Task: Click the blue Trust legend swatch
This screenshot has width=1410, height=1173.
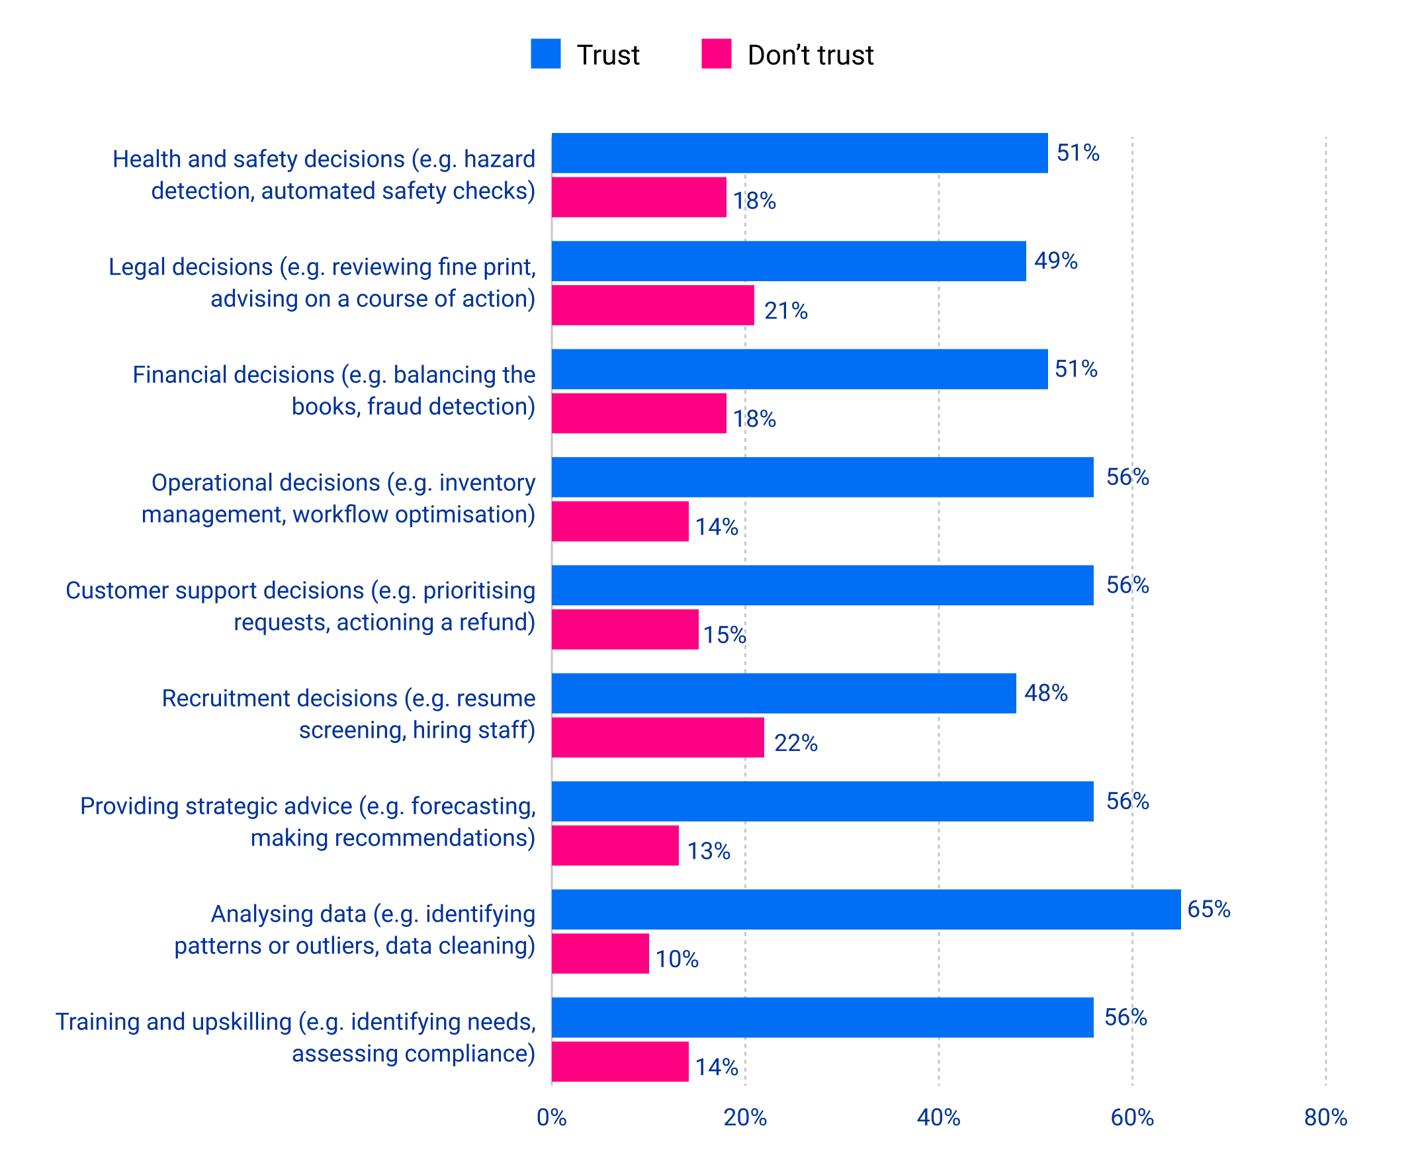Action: (x=545, y=54)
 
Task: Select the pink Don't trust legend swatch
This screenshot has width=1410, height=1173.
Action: (x=716, y=54)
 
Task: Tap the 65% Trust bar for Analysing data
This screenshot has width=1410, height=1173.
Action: (x=865, y=909)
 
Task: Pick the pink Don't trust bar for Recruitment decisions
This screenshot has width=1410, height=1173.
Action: (x=657, y=737)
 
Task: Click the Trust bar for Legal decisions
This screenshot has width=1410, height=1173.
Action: (x=788, y=261)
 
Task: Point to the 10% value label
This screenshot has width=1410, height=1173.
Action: (x=677, y=959)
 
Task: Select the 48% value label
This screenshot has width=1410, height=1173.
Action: (x=1045, y=693)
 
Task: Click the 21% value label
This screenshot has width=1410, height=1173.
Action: (x=785, y=311)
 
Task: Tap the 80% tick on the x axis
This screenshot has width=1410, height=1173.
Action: (x=1325, y=1117)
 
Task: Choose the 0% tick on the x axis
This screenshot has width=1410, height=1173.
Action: (x=551, y=1117)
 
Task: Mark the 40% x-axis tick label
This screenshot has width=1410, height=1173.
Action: (x=938, y=1117)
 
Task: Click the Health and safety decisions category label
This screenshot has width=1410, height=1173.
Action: (x=324, y=175)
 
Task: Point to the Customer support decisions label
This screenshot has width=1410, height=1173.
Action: (x=300, y=606)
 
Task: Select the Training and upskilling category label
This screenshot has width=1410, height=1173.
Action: (x=295, y=1037)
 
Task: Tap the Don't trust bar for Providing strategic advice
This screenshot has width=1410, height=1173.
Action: (x=615, y=846)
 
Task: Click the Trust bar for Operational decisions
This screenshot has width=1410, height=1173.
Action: (x=822, y=478)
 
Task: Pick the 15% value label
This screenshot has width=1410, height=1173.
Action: (x=725, y=634)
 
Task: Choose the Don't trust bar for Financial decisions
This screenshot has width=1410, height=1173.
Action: (x=639, y=413)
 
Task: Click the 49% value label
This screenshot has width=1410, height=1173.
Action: (x=1055, y=261)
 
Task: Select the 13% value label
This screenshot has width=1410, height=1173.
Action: (x=709, y=851)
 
